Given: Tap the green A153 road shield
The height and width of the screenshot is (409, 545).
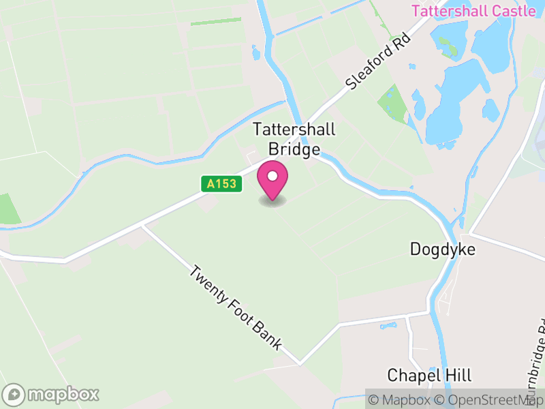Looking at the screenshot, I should tap(222, 183).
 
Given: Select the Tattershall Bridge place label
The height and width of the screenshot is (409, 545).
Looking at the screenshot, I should tap(294, 139).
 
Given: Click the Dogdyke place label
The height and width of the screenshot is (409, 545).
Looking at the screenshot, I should tap(442, 249).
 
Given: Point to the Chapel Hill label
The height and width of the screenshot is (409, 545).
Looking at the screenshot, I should tap(429, 375).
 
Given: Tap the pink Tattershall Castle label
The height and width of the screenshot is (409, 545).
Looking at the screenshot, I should tap(474, 11).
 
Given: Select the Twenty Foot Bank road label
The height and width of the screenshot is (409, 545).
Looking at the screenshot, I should tap(236, 307).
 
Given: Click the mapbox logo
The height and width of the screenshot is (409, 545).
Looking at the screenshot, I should tap(52, 394).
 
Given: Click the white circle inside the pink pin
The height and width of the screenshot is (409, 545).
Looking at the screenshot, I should tap(272, 177).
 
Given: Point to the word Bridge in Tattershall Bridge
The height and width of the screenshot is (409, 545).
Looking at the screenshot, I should tap(294, 149).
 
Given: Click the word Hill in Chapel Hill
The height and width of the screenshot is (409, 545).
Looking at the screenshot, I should tap(458, 375).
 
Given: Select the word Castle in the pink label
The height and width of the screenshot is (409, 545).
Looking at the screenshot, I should tap(513, 11).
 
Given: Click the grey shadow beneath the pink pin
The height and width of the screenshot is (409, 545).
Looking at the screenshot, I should tap(272, 201).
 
